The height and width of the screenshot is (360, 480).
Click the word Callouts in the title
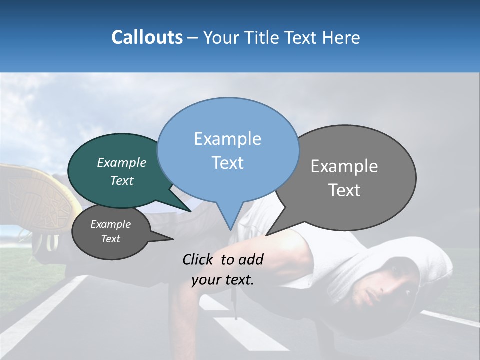coord(147,37)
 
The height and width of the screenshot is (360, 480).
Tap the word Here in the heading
coord(341,38)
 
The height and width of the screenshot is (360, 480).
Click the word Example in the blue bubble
coord(227,139)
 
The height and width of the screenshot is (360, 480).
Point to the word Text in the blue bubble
coord(227,163)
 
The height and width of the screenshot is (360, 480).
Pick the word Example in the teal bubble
coord(122,162)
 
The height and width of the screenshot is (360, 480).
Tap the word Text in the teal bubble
coord(122,181)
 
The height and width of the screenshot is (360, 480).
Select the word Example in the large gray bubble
coord(344,166)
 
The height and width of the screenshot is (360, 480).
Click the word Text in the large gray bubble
coord(344,190)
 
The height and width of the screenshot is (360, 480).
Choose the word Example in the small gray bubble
coord(110,224)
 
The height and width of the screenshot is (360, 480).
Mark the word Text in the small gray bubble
coord(110,239)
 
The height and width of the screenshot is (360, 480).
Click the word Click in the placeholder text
coord(199,259)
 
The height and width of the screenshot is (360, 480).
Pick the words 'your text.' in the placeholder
coord(223,280)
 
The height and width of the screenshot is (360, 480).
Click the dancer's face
coord(395,287)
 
